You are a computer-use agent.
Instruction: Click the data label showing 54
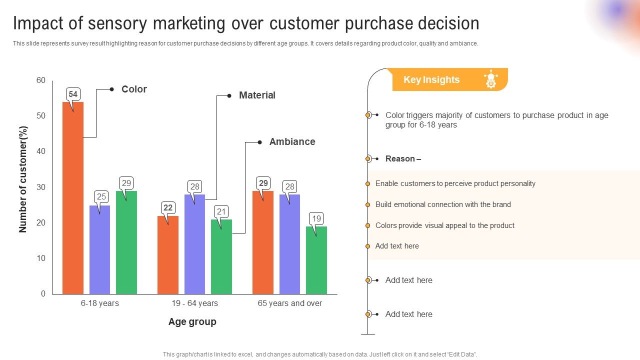(73, 94)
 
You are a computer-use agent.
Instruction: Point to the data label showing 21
(221, 211)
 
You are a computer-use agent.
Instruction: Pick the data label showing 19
(316, 218)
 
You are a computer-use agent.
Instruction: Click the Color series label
(134, 89)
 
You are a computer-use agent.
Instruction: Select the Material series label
(257, 95)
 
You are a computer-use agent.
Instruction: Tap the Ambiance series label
(292, 141)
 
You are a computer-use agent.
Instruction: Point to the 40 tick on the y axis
(40, 151)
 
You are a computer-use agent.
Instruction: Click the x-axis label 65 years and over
(289, 303)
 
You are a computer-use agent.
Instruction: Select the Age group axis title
(192, 321)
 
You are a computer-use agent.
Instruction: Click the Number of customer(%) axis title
(23, 179)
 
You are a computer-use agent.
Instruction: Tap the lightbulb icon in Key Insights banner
(490, 79)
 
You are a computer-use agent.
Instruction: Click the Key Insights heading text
(431, 79)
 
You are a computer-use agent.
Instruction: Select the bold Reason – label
(403, 158)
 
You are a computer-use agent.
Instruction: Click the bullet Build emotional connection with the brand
(443, 204)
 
